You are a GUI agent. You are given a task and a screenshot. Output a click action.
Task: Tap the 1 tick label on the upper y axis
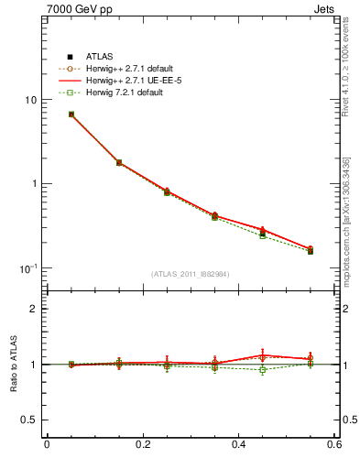[34, 184]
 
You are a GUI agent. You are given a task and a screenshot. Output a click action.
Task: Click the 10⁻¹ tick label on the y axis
[27, 267]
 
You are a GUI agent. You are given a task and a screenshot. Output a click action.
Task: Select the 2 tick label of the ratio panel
[34, 309]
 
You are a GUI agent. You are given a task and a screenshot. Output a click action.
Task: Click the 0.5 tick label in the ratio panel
[29, 420]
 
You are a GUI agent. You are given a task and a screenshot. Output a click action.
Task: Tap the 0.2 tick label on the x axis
[142, 446]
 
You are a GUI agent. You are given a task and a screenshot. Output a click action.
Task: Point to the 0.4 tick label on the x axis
[238, 446]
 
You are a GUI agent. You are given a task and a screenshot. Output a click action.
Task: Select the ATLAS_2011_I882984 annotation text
[190, 274]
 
